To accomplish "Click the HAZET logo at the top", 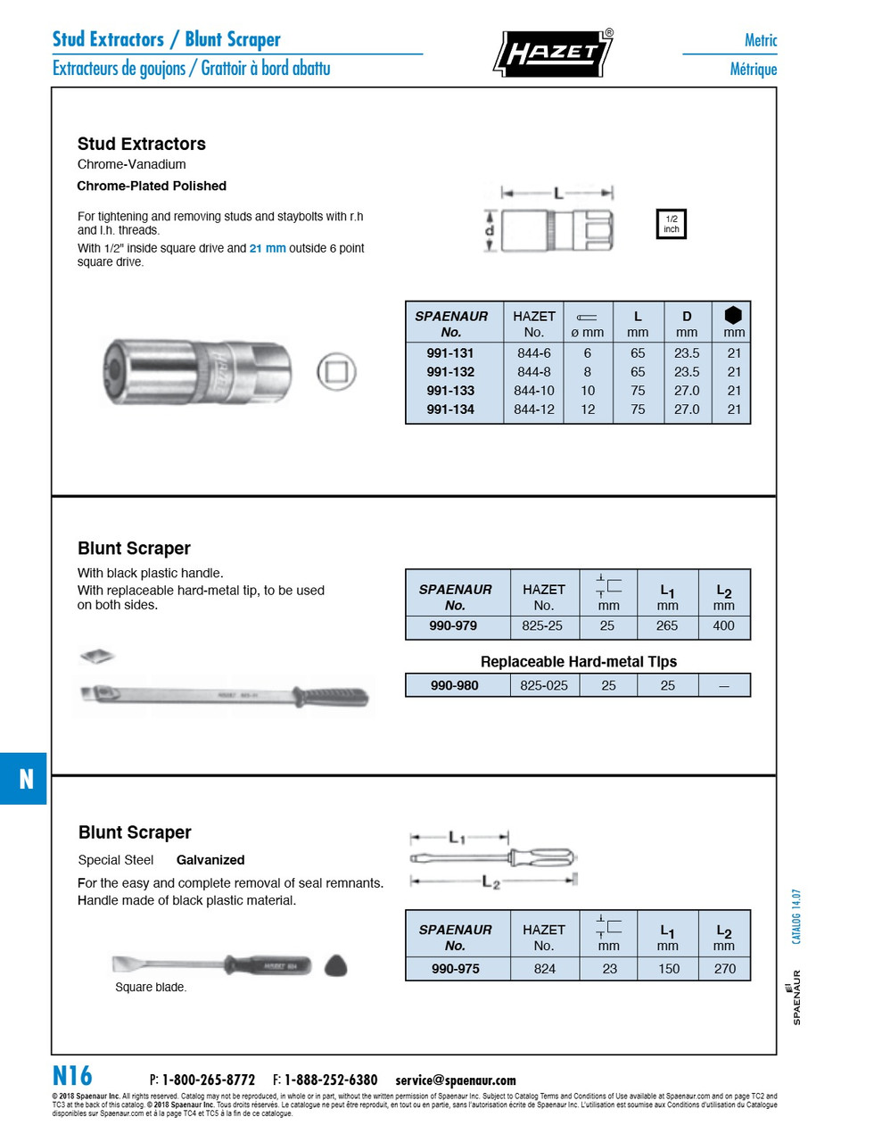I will click(553, 53).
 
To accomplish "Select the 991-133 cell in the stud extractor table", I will click(450, 391).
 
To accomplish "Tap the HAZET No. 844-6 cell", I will click(533, 353).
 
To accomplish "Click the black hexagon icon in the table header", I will click(733, 315).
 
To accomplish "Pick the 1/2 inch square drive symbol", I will click(671, 224).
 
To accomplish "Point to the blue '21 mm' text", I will click(268, 248).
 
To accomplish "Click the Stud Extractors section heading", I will click(141, 144).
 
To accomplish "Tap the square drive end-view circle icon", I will click(336, 372).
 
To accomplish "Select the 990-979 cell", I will click(453, 626).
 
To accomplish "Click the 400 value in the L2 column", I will click(723, 626).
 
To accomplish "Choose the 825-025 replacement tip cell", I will click(543, 685).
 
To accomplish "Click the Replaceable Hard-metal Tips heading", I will click(578, 662).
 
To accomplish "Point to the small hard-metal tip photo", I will click(97, 657).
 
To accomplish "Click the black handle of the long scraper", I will click(331, 696).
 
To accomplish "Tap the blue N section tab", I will click(24, 779).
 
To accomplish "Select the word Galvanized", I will click(210, 860).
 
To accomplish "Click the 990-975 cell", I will click(456, 969).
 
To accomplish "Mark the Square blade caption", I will click(151, 988).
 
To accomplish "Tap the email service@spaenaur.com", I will click(456, 1080).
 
